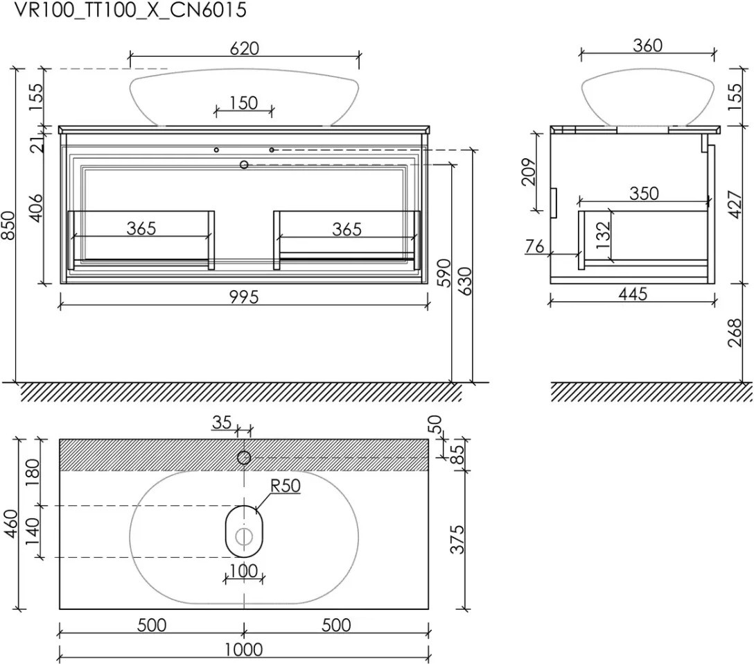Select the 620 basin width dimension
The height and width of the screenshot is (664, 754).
point(244,48)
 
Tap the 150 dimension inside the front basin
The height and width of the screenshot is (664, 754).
point(244,103)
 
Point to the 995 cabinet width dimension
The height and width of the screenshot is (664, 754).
point(244,297)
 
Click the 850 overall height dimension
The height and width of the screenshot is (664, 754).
point(10,225)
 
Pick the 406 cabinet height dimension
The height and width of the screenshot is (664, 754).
point(36,208)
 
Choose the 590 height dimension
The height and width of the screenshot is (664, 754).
point(445,273)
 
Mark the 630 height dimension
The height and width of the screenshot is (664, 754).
point(465,281)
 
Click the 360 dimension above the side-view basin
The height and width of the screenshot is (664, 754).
point(647,45)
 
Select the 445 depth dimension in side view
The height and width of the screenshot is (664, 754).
point(633,293)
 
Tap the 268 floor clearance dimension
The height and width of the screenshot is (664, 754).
point(735,333)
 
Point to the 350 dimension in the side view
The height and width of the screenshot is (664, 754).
point(644,194)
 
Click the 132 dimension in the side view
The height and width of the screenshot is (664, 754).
point(602,235)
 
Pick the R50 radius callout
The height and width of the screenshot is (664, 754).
point(285,486)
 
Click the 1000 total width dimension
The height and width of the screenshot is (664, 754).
point(244,649)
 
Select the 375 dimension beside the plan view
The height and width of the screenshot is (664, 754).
point(457,539)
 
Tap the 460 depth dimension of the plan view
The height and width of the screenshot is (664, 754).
point(10,523)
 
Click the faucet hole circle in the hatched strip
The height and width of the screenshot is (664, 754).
point(244,458)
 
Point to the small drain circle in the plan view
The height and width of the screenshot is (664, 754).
point(244,536)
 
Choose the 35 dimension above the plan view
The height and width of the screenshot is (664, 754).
point(222,423)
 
